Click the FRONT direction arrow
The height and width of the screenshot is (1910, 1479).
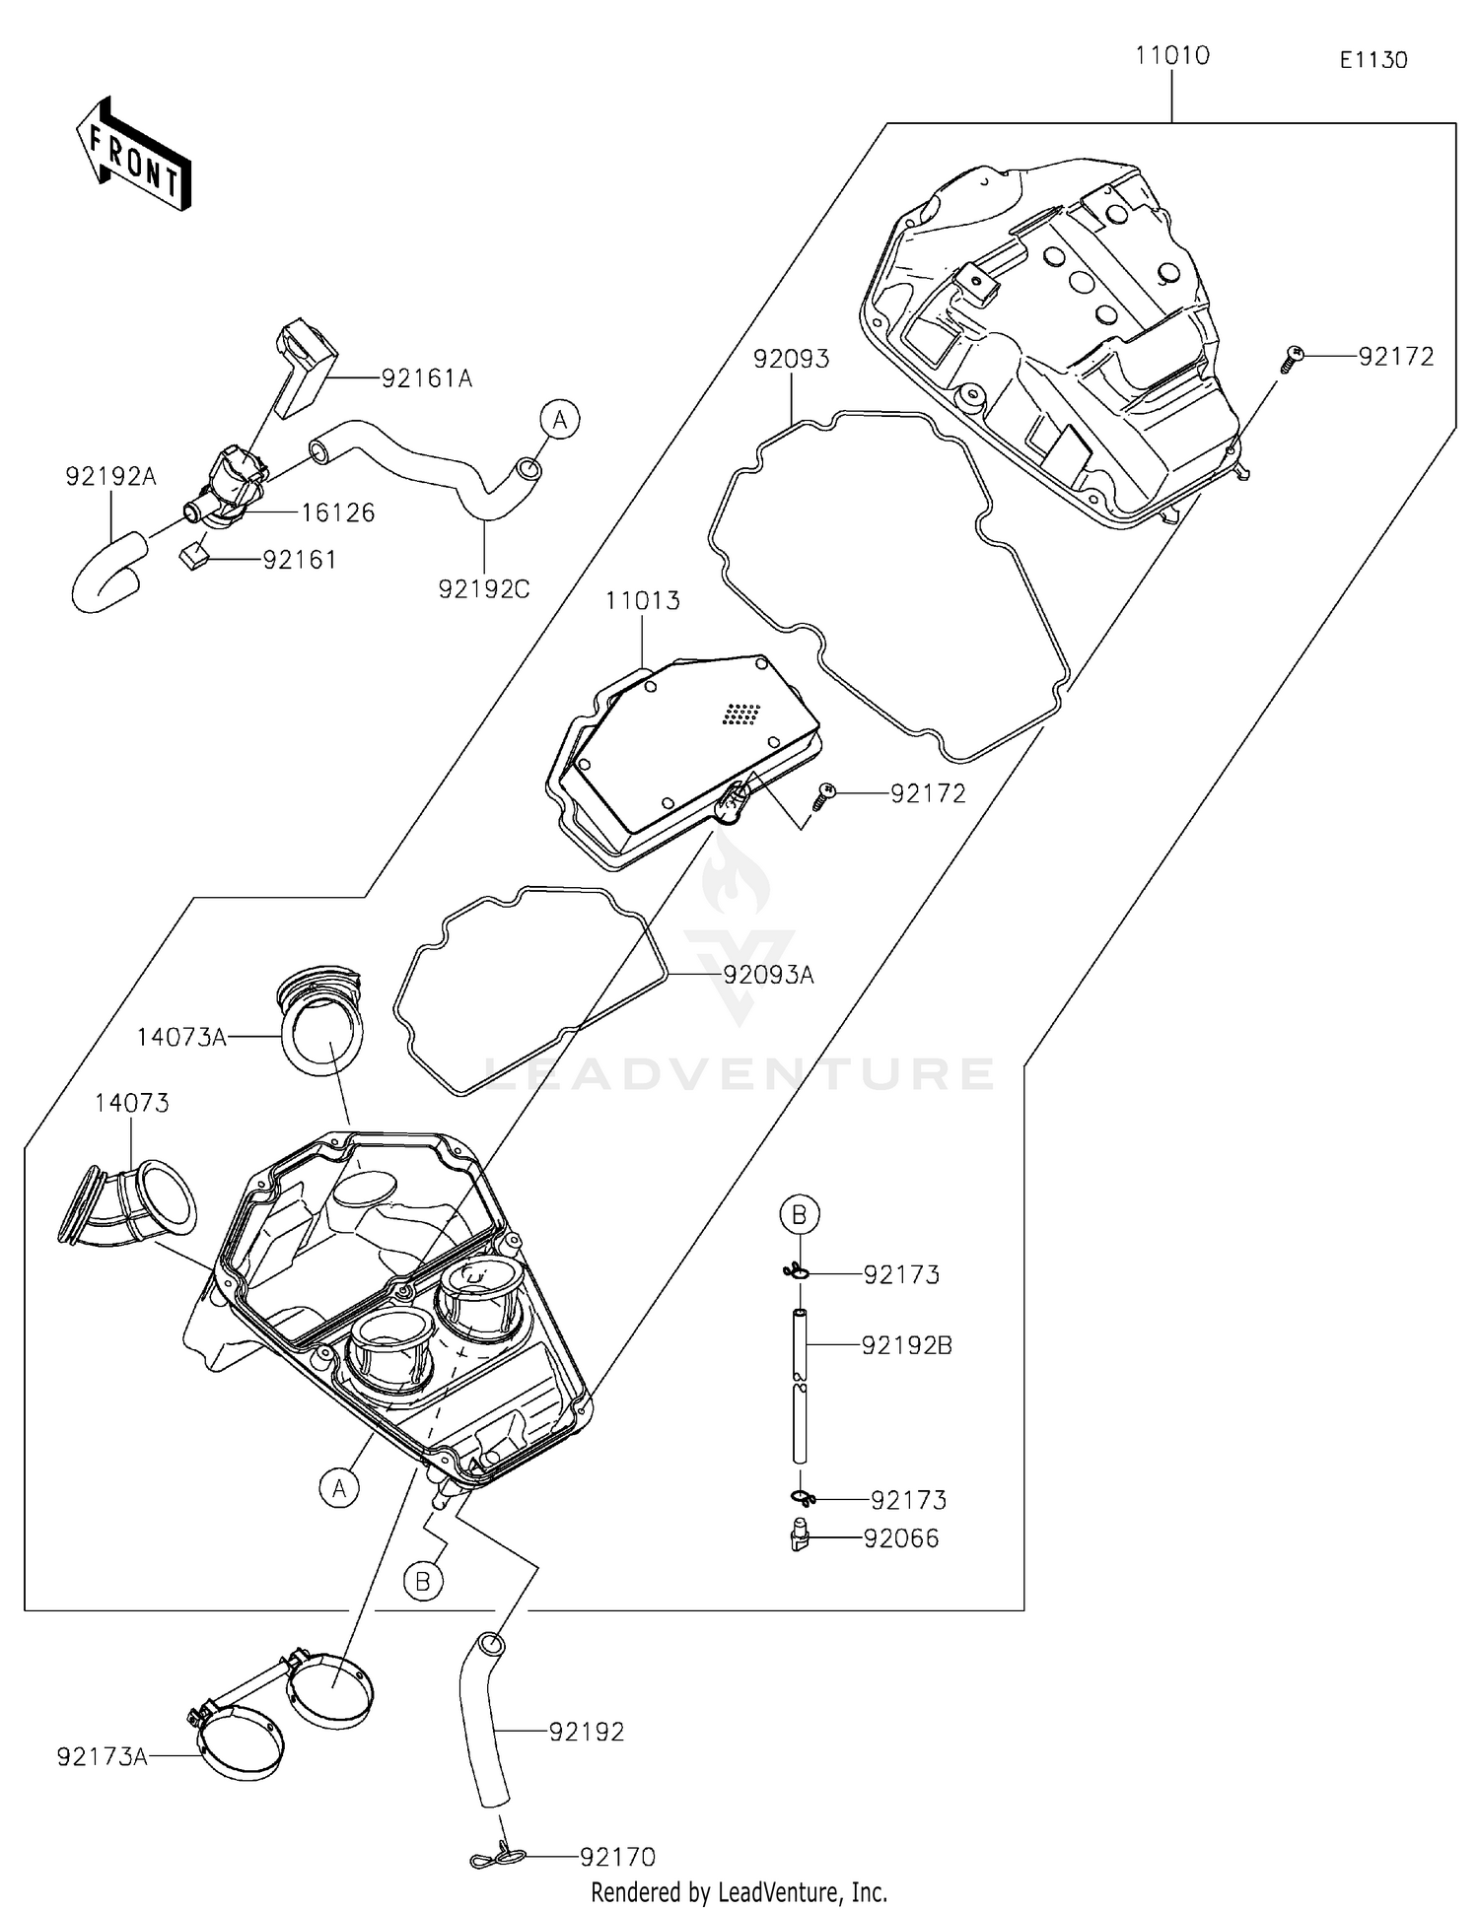134,155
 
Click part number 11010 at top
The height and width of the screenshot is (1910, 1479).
1171,56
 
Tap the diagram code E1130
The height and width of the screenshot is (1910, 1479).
1373,60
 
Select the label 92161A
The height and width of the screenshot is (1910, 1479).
426,378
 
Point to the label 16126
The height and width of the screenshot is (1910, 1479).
337,512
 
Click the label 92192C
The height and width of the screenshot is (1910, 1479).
483,589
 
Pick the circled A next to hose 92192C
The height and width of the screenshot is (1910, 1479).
559,420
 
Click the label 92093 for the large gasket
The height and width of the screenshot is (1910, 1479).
791,359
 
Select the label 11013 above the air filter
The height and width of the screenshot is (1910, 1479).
642,601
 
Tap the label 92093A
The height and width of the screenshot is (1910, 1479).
768,975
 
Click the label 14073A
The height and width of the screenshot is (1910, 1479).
181,1037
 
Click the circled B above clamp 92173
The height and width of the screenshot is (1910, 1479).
800,1214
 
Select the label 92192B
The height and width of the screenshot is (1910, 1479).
906,1345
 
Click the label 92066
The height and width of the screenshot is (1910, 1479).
900,1538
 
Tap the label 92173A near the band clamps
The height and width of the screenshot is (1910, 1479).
102,1756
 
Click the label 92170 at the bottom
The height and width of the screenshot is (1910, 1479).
617,1857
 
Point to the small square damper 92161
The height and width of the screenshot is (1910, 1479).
192,558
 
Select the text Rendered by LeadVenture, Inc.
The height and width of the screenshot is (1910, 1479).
739,1892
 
